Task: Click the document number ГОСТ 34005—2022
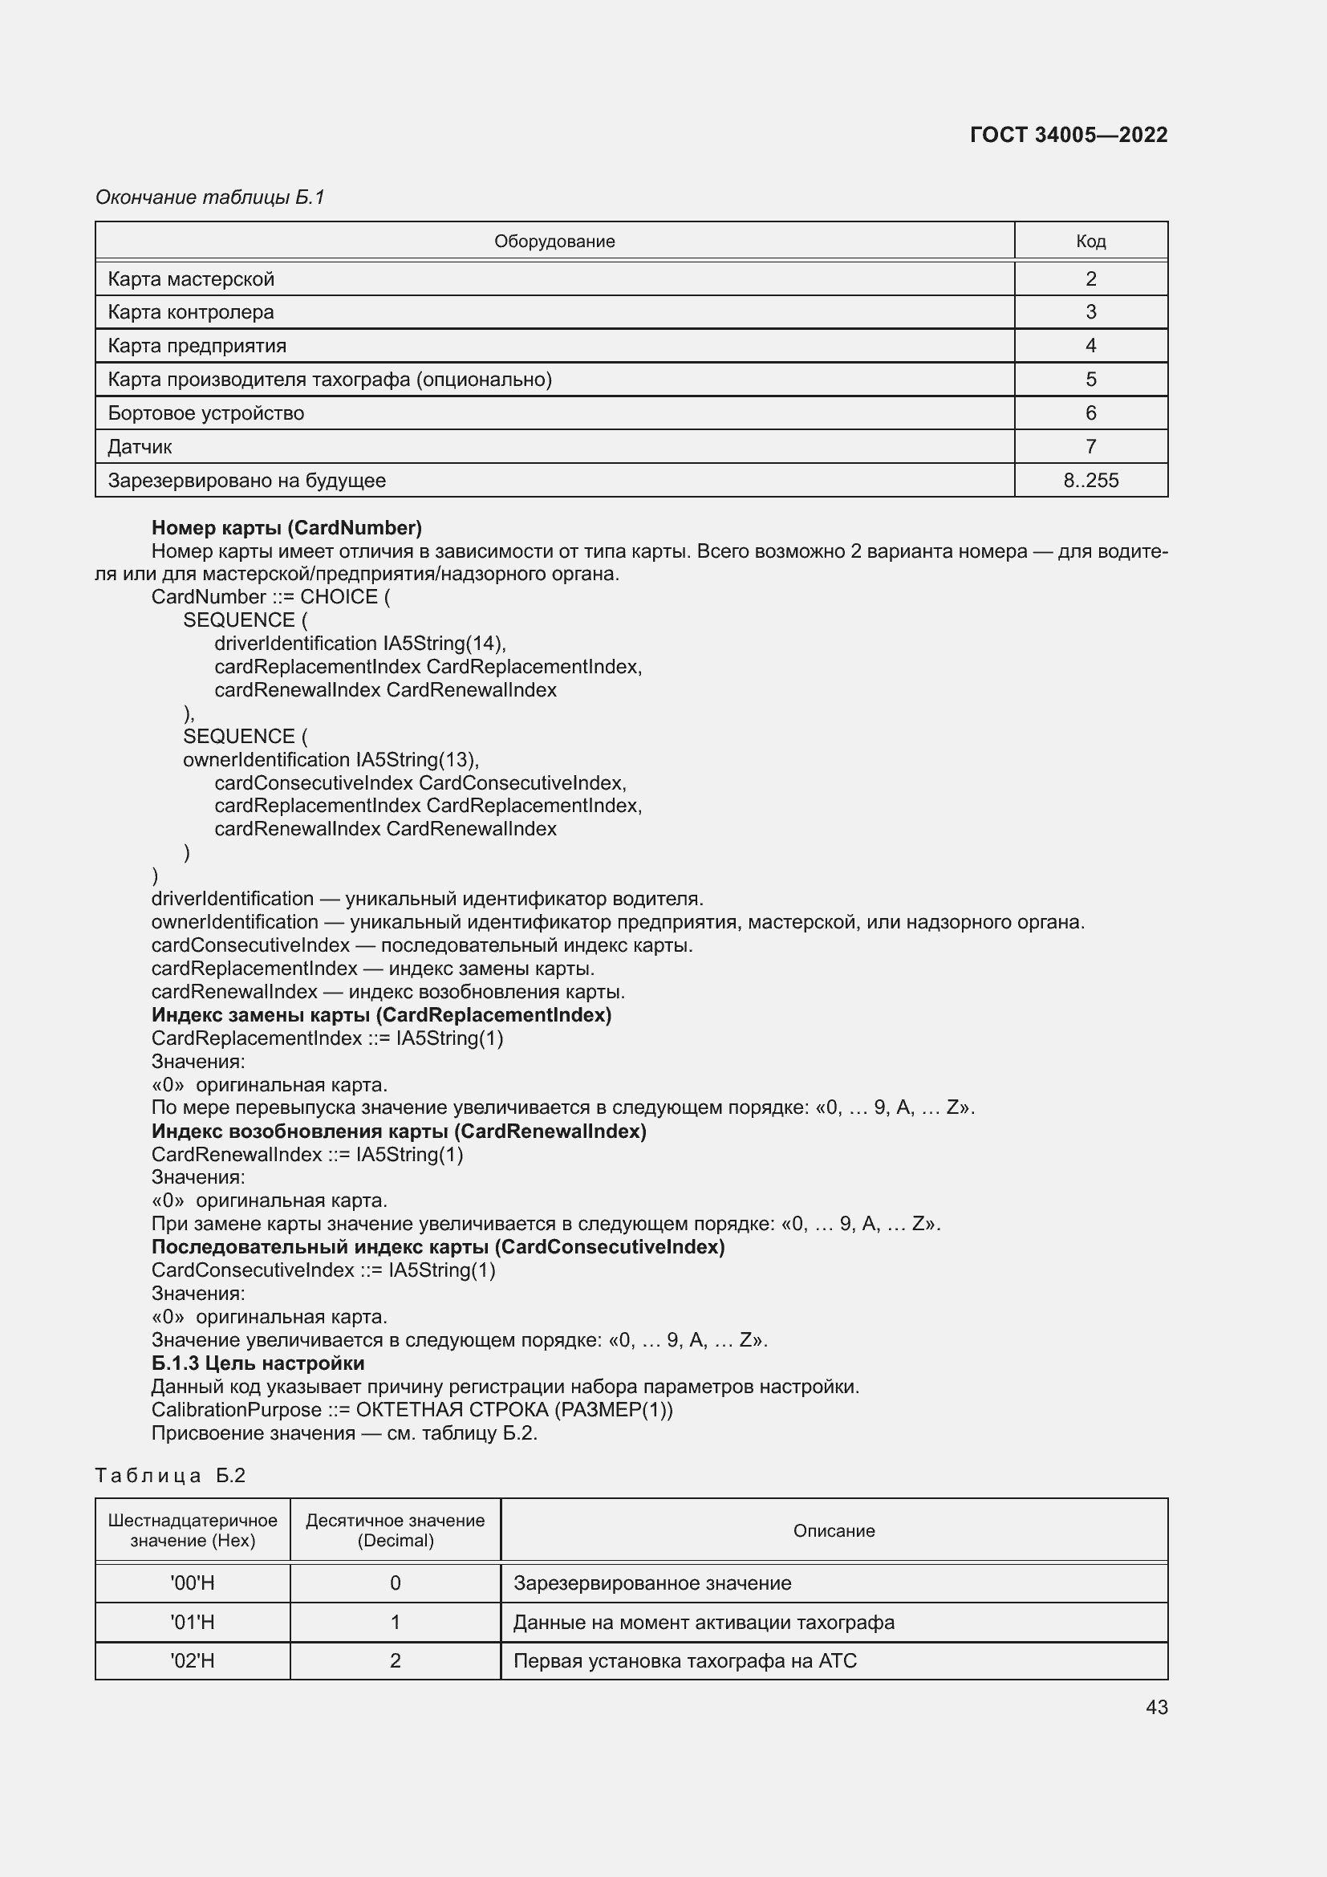coord(1068,135)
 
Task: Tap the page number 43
coord(1156,1707)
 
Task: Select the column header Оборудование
coord(554,242)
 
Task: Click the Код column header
coord(1090,242)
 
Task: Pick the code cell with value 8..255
coord(1090,481)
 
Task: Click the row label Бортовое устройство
coord(206,412)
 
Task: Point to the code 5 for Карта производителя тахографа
coord(1090,380)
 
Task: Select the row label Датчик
coord(140,447)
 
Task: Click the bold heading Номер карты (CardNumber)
coord(286,527)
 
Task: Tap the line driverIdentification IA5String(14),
coord(360,644)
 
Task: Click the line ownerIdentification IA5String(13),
coord(331,759)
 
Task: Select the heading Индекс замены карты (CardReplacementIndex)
coord(381,1014)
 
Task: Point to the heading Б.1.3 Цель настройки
coord(258,1363)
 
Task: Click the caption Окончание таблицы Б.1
coord(210,197)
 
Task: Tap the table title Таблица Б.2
coord(170,1475)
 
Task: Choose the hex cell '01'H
coord(192,1622)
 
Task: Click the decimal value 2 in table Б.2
coord(395,1660)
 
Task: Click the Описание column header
coord(834,1530)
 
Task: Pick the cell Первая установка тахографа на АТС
coord(684,1660)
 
